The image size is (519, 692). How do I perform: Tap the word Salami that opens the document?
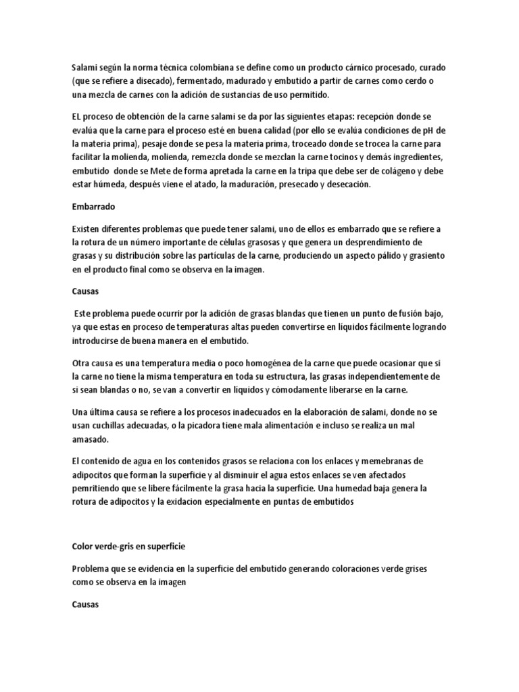tap(84, 68)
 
